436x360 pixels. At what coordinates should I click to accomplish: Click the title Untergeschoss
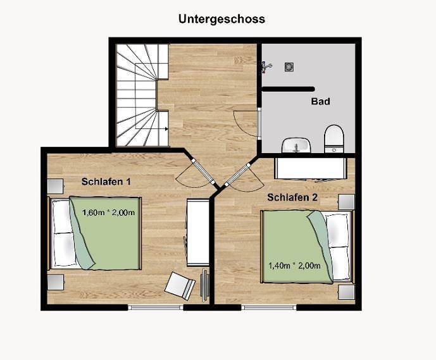click(221, 19)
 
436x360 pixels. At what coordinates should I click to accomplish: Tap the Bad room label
click(320, 101)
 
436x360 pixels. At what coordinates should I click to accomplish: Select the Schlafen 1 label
click(106, 182)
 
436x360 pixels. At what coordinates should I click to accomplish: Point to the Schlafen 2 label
click(292, 197)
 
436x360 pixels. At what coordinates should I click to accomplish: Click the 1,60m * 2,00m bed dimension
click(109, 213)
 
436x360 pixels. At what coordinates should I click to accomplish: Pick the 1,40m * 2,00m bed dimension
click(294, 265)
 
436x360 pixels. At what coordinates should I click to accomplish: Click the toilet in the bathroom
click(333, 139)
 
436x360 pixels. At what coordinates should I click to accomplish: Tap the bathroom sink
click(296, 146)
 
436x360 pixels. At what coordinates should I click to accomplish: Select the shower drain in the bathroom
click(290, 65)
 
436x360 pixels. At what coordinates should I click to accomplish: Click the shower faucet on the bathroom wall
click(267, 65)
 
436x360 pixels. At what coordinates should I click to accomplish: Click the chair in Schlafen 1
click(180, 285)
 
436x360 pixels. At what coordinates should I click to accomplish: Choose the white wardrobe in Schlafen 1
click(197, 232)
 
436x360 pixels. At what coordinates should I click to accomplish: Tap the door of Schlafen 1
click(192, 172)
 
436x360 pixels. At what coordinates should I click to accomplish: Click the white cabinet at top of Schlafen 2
click(311, 168)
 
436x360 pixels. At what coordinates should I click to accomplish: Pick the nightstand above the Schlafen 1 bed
click(56, 186)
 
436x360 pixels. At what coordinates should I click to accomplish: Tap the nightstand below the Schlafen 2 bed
click(346, 292)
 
